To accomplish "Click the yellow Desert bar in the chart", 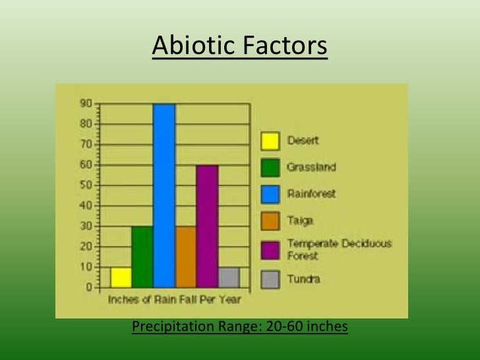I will pos(121,277).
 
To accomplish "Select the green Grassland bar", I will pos(142,256).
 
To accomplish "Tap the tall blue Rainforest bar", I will pos(164,195).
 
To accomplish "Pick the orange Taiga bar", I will pos(186,256).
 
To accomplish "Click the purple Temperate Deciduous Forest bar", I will pos(207,226).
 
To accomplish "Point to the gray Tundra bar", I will pos(228,277).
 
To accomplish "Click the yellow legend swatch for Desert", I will pos(270,140).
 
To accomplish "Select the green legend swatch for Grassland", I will pos(270,167).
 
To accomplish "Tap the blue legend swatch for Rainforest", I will pos(270,195).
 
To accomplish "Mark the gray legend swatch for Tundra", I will pos(270,279).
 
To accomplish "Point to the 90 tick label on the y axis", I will pos(86,104).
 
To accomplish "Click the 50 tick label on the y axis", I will pos(86,185).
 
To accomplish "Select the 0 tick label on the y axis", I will pos(88,287).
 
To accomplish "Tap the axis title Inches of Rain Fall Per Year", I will pos(175,300).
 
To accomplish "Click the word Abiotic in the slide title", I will pos(190,46).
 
